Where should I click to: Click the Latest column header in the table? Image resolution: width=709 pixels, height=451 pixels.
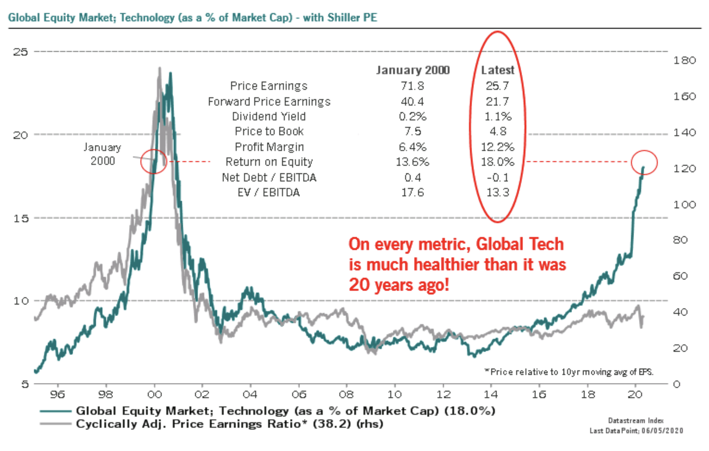(x=497, y=70)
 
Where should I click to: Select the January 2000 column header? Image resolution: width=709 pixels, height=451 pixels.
(x=413, y=70)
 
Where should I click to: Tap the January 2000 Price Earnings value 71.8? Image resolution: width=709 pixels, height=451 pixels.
(x=412, y=86)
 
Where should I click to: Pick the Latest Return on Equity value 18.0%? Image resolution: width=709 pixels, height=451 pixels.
(x=497, y=162)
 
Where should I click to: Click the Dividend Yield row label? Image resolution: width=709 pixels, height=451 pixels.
(x=269, y=116)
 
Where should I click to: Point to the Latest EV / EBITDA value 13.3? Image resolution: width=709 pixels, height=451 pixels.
(x=497, y=192)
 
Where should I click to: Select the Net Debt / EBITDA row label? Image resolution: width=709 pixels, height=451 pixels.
(x=269, y=177)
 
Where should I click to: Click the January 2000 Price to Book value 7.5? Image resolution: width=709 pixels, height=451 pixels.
(x=412, y=131)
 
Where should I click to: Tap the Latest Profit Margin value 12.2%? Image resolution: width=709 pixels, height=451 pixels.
(x=497, y=147)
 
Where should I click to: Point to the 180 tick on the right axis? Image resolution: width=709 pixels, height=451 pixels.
(x=684, y=60)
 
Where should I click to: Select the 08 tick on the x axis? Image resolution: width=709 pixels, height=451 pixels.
(x=346, y=394)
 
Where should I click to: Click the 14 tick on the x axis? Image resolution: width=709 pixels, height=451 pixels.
(x=490, y=394)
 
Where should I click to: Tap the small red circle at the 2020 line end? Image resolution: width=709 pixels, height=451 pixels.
(x=644, y=162)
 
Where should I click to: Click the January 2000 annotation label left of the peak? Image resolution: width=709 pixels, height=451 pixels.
(x=102, y=154)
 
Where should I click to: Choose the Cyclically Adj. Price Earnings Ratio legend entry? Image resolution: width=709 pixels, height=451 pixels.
(x=229, y=424)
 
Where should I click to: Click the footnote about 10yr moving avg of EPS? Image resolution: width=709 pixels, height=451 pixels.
(x=569, y=372)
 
